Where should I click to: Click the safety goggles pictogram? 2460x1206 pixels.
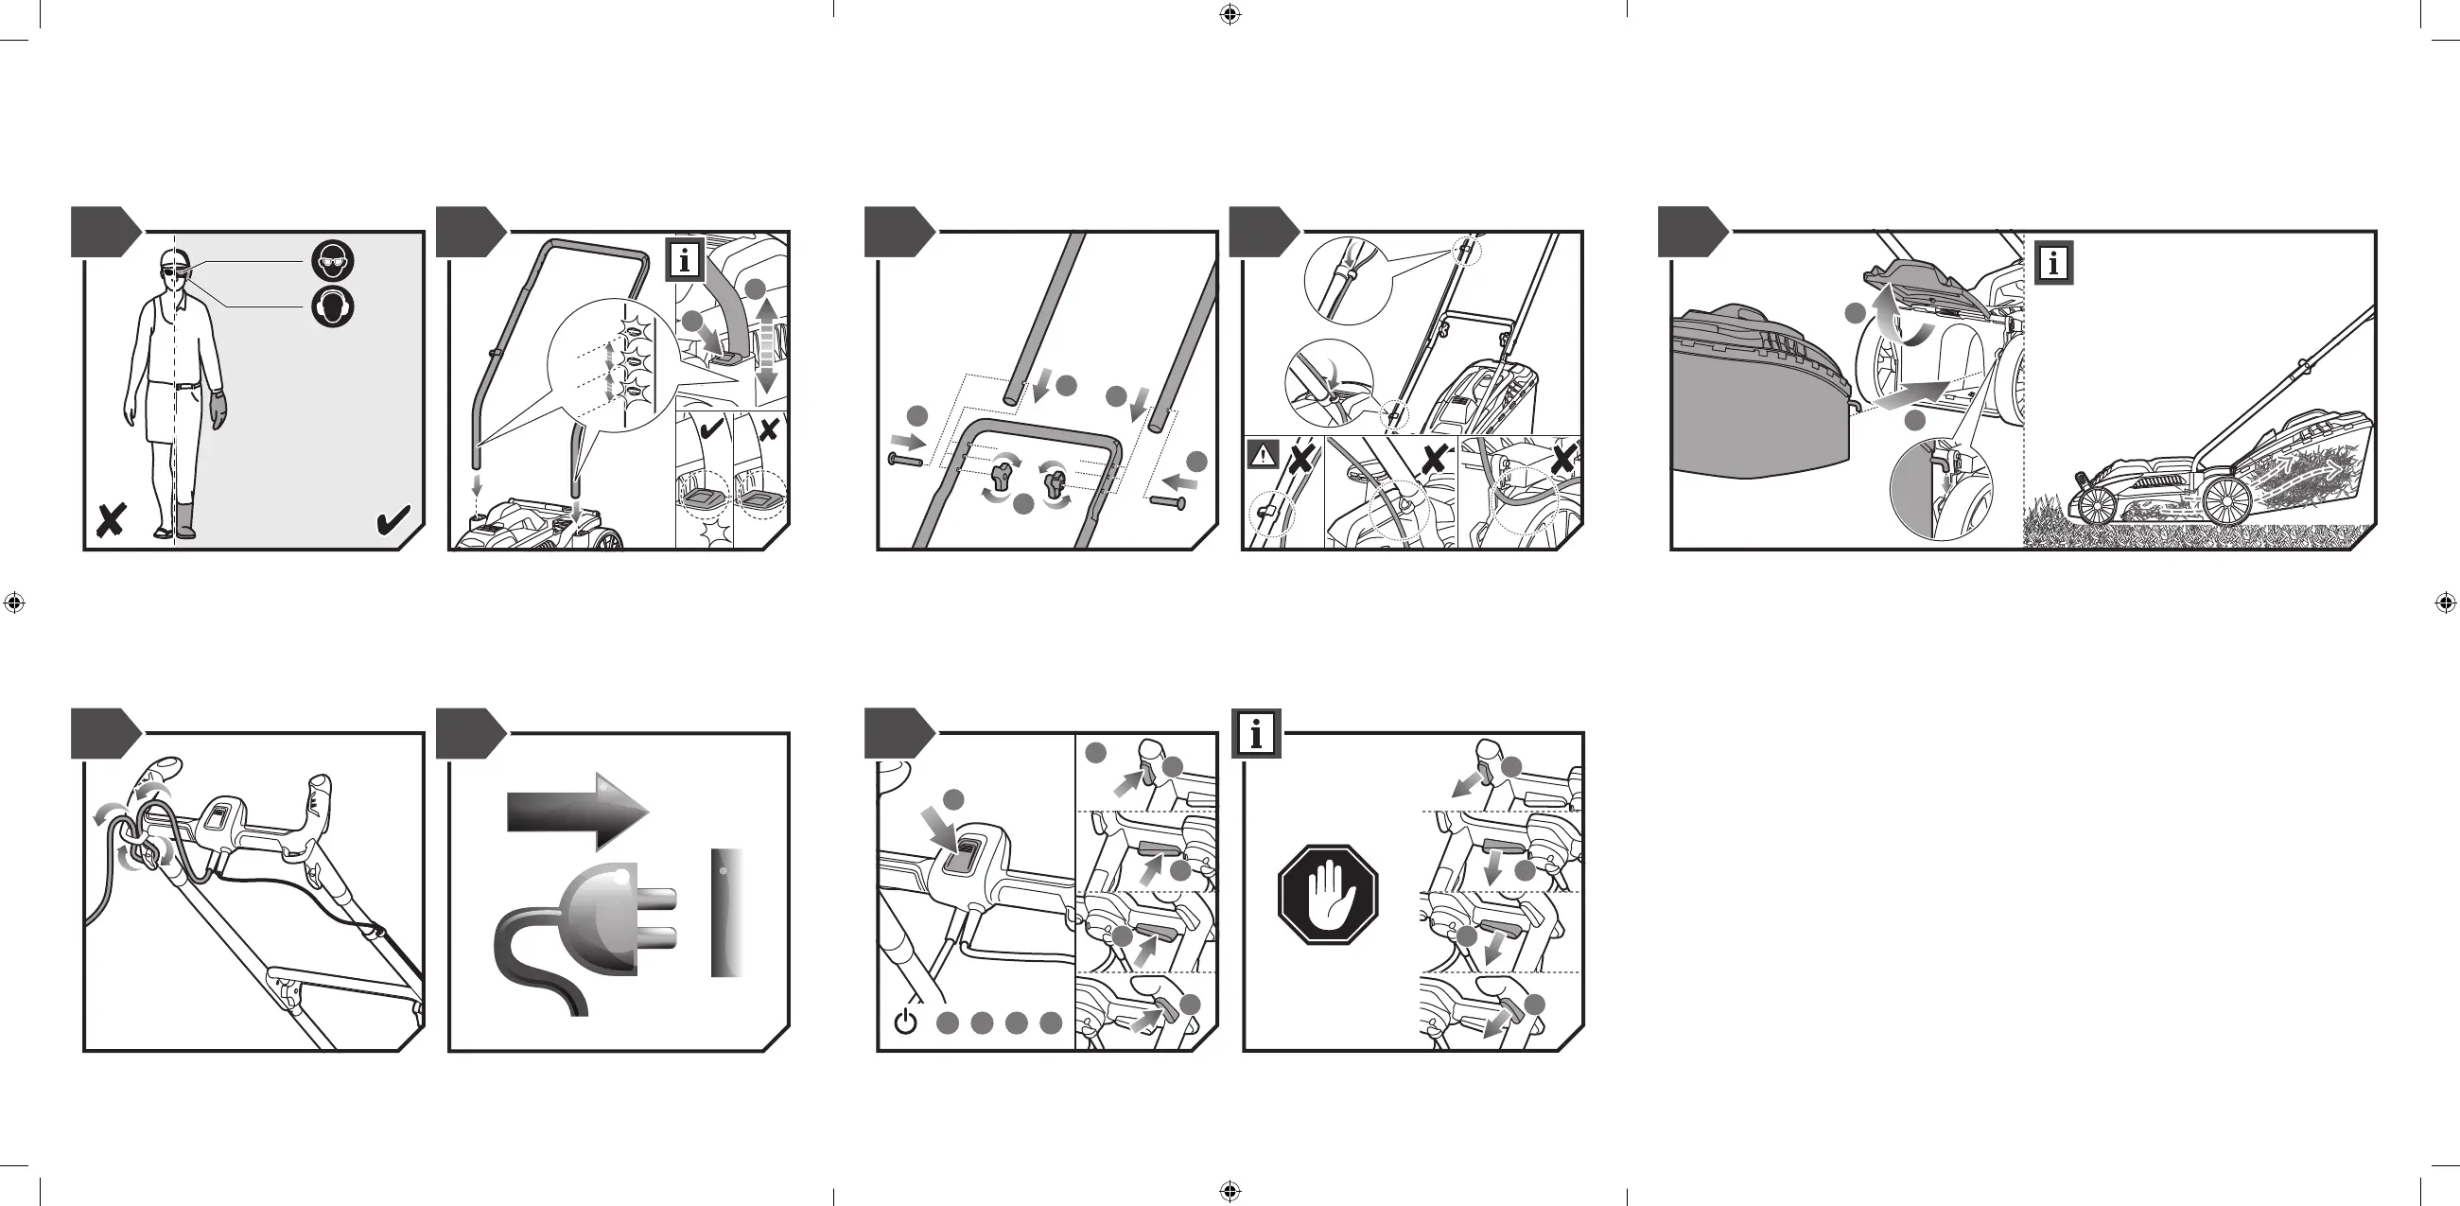[332, 261]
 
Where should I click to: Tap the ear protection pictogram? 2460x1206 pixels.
[332, 306]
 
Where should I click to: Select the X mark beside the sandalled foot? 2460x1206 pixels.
[111, 520]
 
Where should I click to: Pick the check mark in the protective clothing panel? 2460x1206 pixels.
[393, 520]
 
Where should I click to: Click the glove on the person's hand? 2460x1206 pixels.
[218, 408]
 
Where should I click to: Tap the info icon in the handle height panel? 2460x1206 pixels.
[685, 260]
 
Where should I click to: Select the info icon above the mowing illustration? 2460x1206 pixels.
[2053, 263]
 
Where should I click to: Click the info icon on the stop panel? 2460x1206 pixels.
[1256, 734]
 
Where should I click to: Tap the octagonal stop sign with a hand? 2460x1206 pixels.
[1327, 895]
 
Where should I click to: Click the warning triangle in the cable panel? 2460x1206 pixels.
[1263, 456]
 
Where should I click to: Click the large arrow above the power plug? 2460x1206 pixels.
[578, 811]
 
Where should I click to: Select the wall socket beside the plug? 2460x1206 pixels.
[725, 912]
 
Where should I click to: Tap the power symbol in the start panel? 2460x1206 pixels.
[905, 1022]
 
